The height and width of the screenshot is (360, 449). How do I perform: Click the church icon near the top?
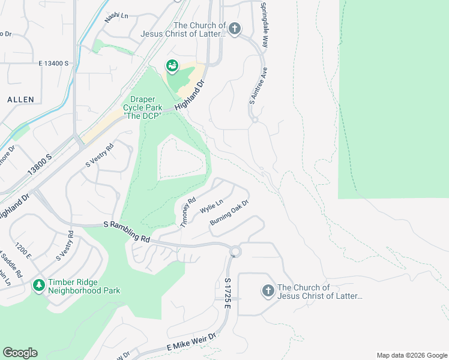pos(235,28)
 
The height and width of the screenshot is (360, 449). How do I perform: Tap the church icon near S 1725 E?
pos(268,291)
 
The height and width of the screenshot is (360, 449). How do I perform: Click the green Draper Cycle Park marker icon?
pos(172,67)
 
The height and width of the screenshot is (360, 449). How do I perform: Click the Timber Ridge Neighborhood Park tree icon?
pos(39,285)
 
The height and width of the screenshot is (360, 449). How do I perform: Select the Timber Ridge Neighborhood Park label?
pos(85,286)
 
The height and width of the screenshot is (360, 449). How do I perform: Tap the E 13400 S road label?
pos(54,63)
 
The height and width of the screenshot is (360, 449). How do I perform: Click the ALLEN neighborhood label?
pos(20,99)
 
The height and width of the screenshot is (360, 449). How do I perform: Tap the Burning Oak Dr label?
pos(229,213)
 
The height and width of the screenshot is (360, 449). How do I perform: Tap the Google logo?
pos(20,353)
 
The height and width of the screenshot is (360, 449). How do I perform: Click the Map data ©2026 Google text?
pos(411,355)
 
